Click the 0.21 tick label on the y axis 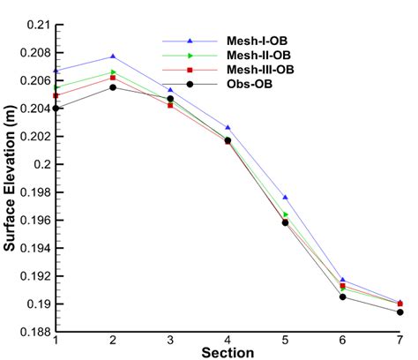tap(36, 25)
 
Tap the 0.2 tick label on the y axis tap(40, 164)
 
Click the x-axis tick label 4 tap(228, 341)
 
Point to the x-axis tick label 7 tap(399, 341)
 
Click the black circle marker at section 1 tap(56, 109)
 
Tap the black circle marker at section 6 tap(342, 296)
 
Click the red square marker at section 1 tap(56, 95)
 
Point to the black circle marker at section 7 tap(399, 312)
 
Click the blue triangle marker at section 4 tap(228, 128)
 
